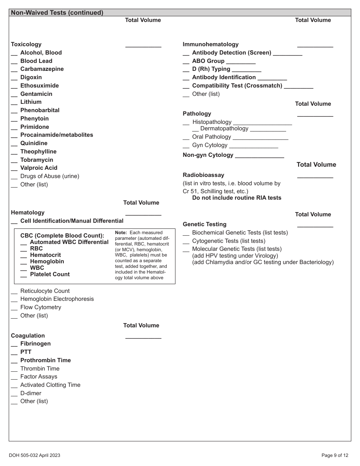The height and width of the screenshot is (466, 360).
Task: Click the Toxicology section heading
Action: pyautogui.click(x=26, y=44)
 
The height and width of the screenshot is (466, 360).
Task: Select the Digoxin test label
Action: pyautogui.click(x=31, y=77)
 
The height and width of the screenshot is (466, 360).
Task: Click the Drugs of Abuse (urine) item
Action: pyautogui.click(x=50, y=176)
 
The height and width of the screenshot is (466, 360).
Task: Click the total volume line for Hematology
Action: pyautogui.click(x=143, y=215)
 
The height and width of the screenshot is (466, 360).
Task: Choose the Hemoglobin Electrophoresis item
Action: pyautogui.click(x=57, y=299)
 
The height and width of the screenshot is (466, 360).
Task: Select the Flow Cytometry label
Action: pyautogui.click(x=41, y=307)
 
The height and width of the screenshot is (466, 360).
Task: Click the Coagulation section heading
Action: pyautogui.click(x=28, y=336)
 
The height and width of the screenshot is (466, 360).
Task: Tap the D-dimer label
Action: pyautogui.click(x=31, y=393)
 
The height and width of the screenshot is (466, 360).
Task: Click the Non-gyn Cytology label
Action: pyautogui.click(x=208, y=155)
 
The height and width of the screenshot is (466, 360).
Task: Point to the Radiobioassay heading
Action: pyautogui.click(x=203, y=175)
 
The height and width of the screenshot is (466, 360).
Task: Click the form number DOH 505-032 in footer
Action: pyautogui.click(x=34, y=455)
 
